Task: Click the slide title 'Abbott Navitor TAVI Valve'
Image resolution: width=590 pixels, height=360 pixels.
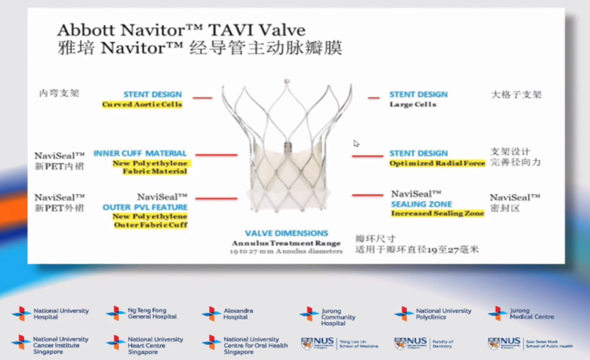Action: click(x=181, y=29)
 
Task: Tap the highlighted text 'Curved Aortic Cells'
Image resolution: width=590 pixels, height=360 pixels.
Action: click(x=142, y=104)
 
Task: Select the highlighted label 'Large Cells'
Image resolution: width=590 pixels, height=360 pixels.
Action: click(x=412, y=104)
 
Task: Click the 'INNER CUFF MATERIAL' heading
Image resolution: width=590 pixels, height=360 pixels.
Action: click(x=140, y=154)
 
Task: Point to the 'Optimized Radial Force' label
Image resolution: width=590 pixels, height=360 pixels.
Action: click(x=437, y=163)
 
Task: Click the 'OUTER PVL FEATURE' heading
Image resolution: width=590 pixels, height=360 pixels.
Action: click(x=145, y=208)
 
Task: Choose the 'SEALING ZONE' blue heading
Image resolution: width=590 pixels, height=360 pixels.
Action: click(x=421, y=204)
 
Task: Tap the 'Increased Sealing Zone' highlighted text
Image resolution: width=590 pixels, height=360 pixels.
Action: click(x=437, y=214)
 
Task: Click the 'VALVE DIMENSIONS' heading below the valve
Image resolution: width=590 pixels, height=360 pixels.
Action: click(x=286, y=233)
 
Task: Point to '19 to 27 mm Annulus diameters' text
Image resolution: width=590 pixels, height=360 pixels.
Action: click(x=286, y=251)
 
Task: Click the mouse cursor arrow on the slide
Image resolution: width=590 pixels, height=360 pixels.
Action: click(x=356, y=143)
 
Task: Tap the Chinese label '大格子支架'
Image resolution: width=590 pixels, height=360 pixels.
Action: click(x=516, y=95)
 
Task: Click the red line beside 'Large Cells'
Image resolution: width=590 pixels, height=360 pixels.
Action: click(x=374, y=98)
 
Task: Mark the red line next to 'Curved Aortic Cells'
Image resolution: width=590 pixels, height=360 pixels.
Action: click(x=202, y=98)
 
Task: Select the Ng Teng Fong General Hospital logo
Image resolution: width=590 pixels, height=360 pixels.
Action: click(x=142, y=314)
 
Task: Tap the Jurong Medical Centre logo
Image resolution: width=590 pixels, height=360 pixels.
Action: click(x=522, y=314)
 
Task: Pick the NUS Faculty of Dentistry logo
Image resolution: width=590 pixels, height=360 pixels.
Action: click(x=424, y=344)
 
